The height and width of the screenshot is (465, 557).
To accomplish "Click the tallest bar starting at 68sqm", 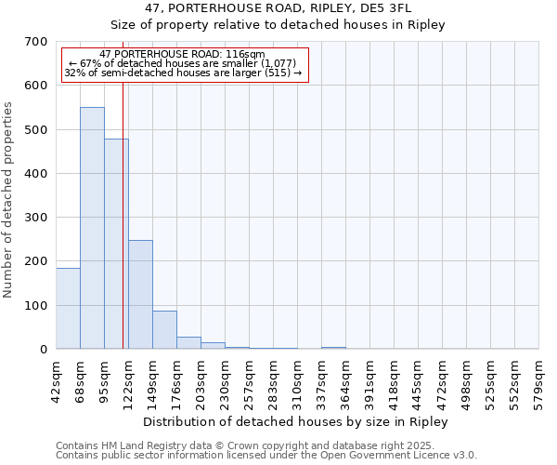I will point(92,228).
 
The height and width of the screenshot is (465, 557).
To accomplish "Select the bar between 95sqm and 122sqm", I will point(116,244).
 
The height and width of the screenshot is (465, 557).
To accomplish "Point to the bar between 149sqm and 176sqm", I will point(164,330).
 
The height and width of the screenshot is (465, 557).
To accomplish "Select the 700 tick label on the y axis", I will point(36,42).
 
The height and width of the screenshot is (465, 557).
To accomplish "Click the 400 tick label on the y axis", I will point(36,174).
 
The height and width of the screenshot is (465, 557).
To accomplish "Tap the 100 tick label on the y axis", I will point(36,306).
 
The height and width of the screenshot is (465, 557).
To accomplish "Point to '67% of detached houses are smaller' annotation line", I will point(182,63).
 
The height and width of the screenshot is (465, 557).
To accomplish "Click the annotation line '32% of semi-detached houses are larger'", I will point(182,73).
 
